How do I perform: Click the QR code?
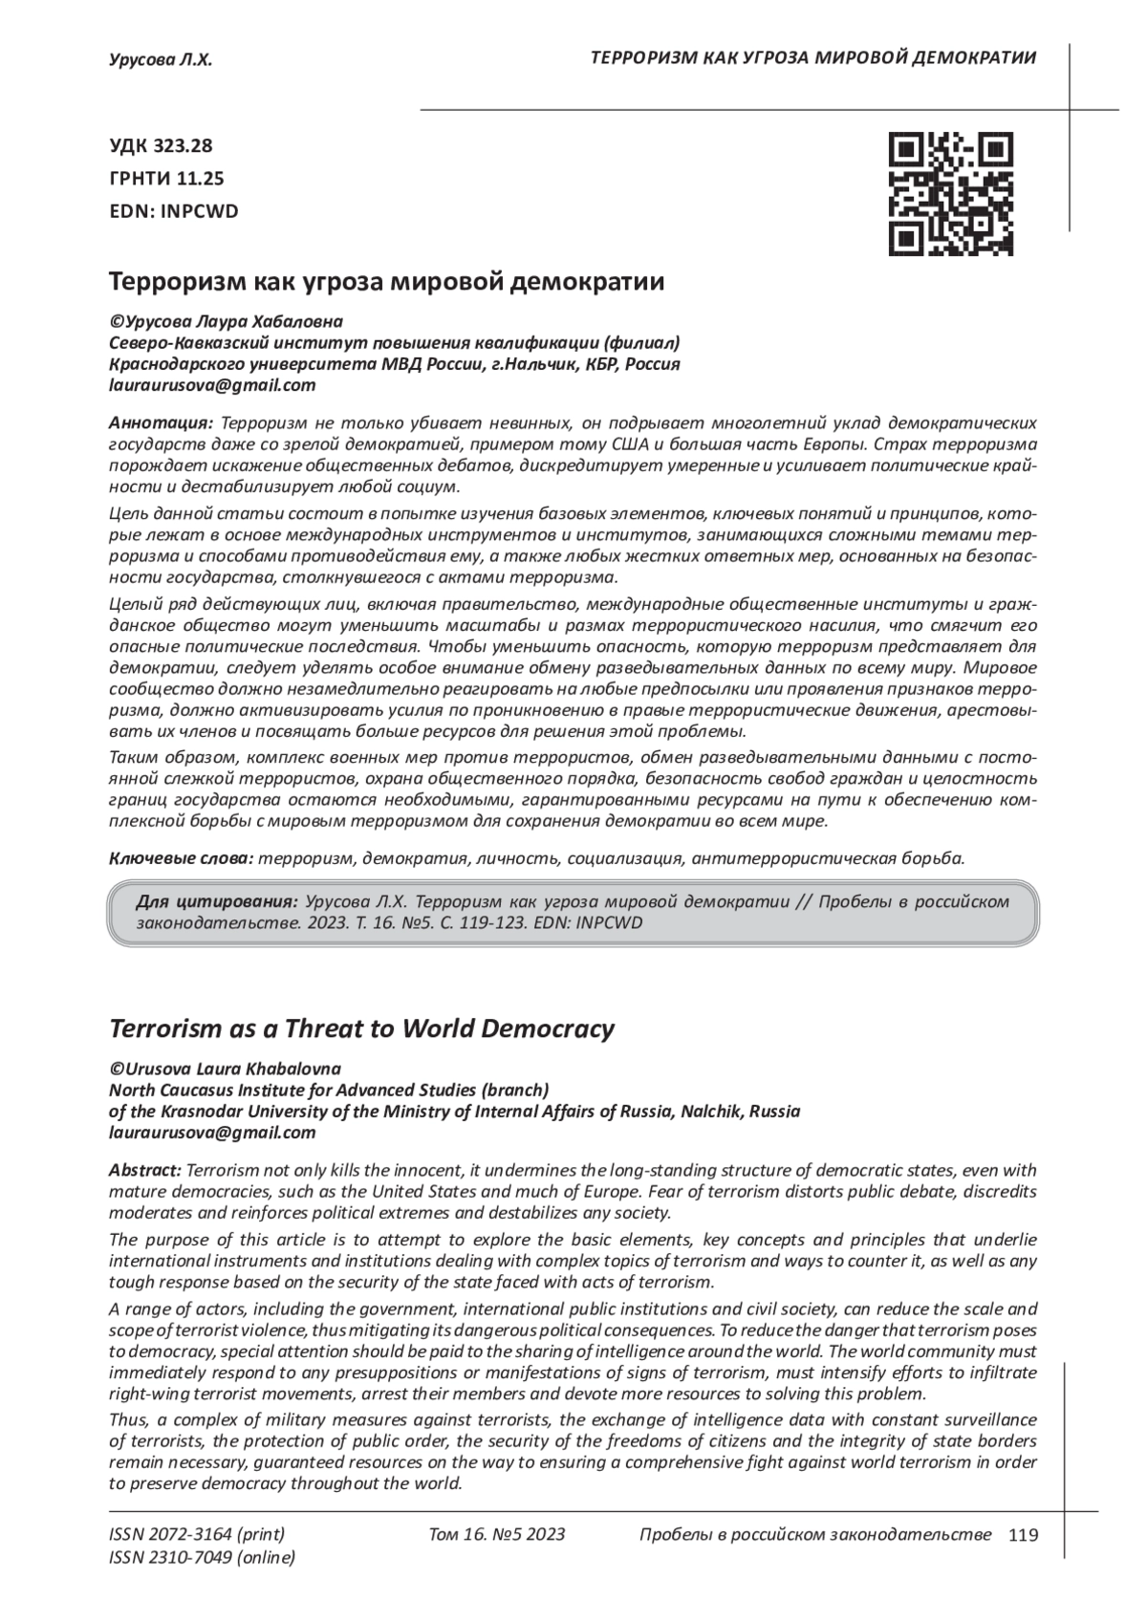[950, 194]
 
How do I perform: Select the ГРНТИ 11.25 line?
[166, 179]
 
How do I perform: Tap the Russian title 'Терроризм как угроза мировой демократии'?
[386, 282]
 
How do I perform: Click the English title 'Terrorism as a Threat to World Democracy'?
[361, 1028]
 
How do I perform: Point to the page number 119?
[1023, 1535]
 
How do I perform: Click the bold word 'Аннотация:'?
[161, 422]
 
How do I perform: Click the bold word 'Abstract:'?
[144, 1170]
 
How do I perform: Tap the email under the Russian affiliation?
[212, 386]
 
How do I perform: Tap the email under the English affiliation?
[212, 1133]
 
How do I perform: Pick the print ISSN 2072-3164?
[197, 1535]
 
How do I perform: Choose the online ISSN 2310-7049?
[202, 1557]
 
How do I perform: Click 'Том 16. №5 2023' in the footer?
[497, 1535]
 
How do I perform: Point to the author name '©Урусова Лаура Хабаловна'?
[227, 321]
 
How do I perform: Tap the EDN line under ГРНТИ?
[174, 211]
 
